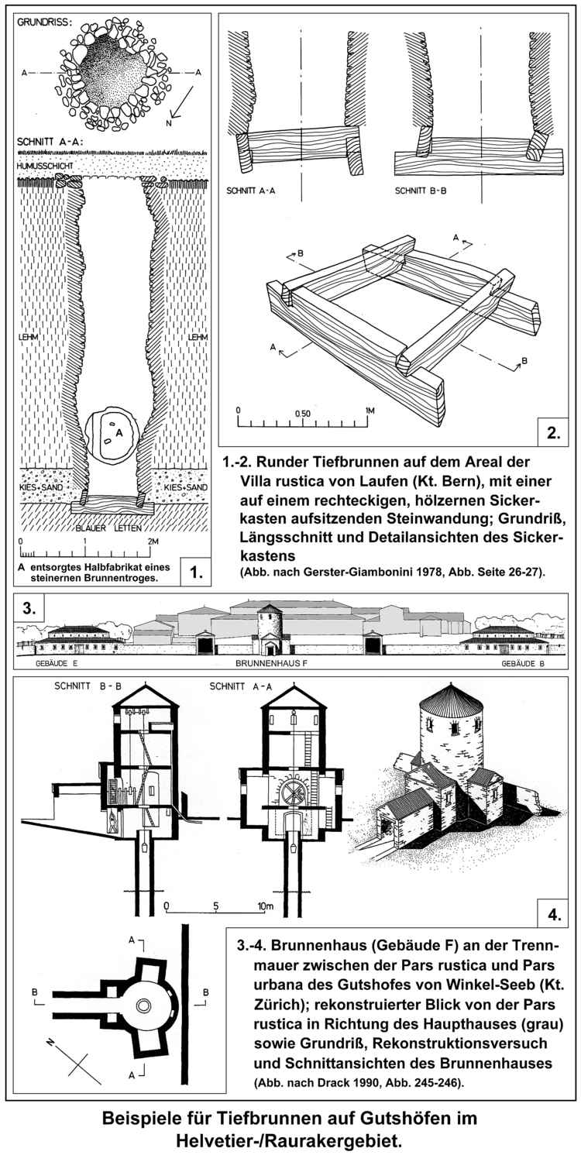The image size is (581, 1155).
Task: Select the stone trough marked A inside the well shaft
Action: [x=113, y=435]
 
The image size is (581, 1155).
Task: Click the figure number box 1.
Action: [x=194, y=573]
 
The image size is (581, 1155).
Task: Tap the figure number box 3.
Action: [x=29, y=610]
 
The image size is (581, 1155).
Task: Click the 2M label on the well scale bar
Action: [x=152, y=540]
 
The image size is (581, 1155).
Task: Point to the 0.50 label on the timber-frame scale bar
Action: [x=303, y=413]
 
